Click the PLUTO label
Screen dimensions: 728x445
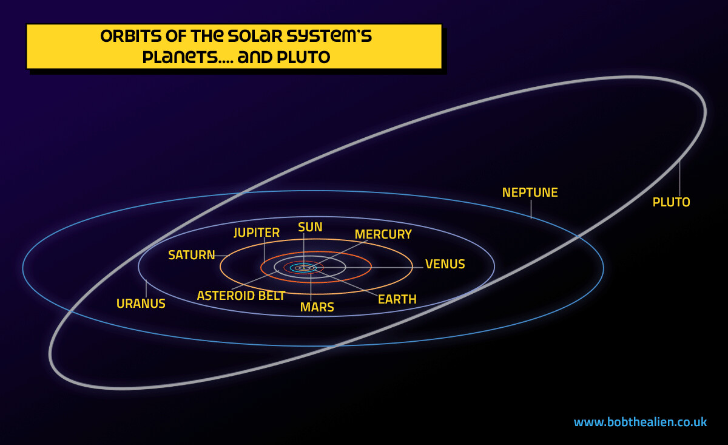(x=671, y=202)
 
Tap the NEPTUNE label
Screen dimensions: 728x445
(x=530, y=192)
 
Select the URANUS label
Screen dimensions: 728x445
(x=141, y=304)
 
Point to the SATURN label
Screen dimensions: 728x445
(x=192, y=255)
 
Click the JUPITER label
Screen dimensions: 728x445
(x=257, y=233)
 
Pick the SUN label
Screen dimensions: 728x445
(x=310, y=227)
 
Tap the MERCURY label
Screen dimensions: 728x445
(x=383, y=234)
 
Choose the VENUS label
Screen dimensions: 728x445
(x=445, y=264)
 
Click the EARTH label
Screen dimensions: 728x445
(x=397, y=299)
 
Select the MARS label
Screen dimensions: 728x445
(x=317, y=307)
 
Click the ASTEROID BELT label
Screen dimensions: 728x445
(x=241, y=296)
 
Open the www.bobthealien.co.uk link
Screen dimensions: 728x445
(x=640, y=422)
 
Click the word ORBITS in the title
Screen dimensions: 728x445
(x=130, y=36)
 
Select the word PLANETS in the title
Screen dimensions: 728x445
(x=180, y=57)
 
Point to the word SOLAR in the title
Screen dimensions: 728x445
(x=255, y=36)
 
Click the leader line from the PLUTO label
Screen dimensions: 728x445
(x=679, y=178)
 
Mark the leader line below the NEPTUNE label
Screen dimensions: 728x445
(x=531, y=209)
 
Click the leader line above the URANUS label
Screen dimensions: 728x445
(x=146, y=288)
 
